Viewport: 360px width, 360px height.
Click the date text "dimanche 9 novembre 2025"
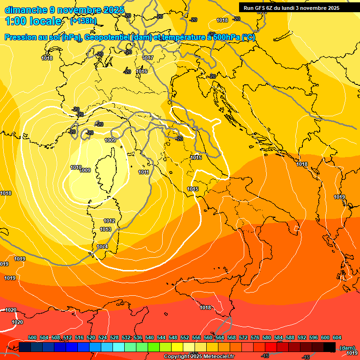(64, 10)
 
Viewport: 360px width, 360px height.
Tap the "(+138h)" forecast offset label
(83, 21)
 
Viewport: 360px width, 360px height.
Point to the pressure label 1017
(148, 58)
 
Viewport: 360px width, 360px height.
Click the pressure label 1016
(142, 71)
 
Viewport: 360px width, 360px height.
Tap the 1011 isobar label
(144, 172)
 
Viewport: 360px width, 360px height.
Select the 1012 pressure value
(110, 221)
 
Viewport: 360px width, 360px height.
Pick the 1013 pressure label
(105, 229)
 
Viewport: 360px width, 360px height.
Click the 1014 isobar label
(102, 247)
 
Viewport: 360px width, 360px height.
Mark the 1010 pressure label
(75, 167)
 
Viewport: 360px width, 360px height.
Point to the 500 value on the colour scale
(32, 338)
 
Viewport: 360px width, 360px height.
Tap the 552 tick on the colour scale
(185, 338)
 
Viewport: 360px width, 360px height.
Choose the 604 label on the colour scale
(337, 338)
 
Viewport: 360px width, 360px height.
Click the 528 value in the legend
(114, 338)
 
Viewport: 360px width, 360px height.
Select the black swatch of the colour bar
(330, 347)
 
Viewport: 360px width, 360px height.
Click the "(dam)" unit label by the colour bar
(347, 347)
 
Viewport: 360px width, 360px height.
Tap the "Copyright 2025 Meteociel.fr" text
(199, 357)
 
